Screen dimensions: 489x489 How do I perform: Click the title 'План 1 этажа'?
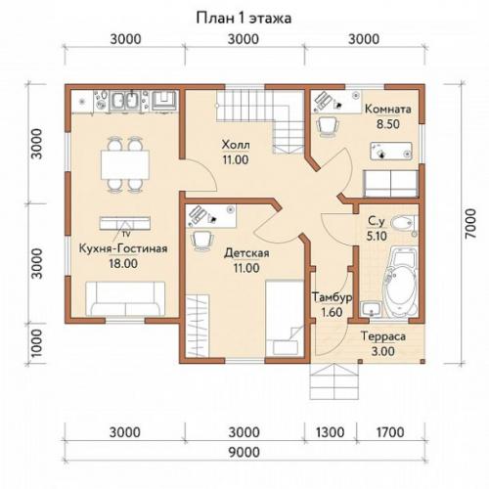click(244, 18)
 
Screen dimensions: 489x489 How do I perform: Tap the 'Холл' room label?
click(236, 145)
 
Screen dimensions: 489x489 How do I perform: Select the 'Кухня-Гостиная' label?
click(123, 248)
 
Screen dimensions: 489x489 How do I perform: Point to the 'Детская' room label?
click(246, 252)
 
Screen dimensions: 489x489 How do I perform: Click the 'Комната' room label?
click(388, 109)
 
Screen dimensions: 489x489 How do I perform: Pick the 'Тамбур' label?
click(333, 297)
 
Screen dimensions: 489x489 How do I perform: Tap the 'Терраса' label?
click(383, 336)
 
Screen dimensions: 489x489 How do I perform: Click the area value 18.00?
click(123, 263)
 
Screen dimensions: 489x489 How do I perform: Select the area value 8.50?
click(388, 124)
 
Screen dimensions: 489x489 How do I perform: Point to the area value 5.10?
click(377, 236)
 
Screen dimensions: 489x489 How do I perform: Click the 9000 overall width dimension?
click(244, 452)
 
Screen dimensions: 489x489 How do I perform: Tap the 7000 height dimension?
click(470, 224)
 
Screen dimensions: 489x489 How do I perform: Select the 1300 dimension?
click(331, 432)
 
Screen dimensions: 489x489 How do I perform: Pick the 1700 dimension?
click(390, 432)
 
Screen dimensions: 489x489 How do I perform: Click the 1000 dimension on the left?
click(36, 343)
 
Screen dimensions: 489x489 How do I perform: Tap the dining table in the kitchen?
click(125, 164)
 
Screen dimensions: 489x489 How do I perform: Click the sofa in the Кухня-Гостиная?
click(125, 299)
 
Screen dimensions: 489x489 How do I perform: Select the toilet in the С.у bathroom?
click(402, 223)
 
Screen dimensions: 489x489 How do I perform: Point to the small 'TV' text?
click(126, 234)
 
